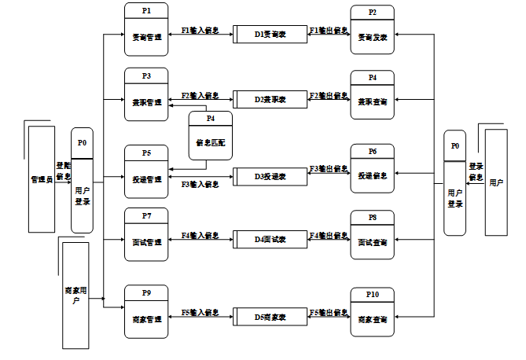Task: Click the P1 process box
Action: pyautogui.click(x=146, y=30)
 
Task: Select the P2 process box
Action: pyautogui.click(x=372, y=30)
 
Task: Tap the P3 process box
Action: pyautogui.click(x=146, y=94)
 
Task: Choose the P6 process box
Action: pyautogui.click(x=372, y=168)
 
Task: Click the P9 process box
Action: pyautogui.click(x=146, y=312)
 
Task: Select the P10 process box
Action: pyautogui.click(x=372, y=313)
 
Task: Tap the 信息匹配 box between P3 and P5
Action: pyautogui.click(x=210, y=137)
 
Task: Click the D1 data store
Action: pyautogui.click(x=270, y=35)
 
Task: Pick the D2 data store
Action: pyautogui.click(x=270, y=100)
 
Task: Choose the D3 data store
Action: pyautogui.click(x=270, y=176)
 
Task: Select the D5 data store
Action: pyautogui.click(x=270, y=318)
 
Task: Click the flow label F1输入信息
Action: pyautogui.click(x=200, y=31)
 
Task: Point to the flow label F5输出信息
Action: pyautogui.click(x=329, y=313)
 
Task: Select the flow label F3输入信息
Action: pyautogui.click(x=200, y=184)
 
